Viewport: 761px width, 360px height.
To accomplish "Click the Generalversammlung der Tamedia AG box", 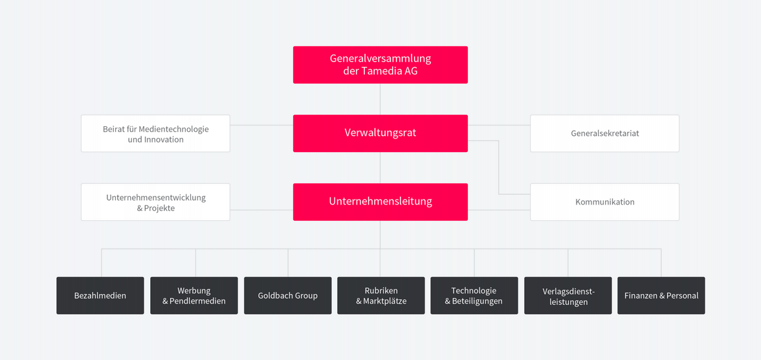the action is [x=380, y=65].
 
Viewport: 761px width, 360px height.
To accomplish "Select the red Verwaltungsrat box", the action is [x=380, y=133].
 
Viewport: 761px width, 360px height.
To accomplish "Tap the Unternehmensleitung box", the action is [x=380, y=201].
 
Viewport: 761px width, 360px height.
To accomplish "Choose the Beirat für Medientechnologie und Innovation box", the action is [x=155, y=133].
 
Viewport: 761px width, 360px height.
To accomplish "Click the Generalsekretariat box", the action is [x=604, y=133].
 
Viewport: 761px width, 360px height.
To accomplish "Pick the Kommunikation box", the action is [x=604, y=201].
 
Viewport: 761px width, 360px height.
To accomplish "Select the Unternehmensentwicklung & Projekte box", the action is [x=155, y=201].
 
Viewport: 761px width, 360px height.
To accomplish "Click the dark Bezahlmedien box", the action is [x=100, y=295].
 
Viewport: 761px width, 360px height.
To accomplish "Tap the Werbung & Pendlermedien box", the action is [x=194, y=295].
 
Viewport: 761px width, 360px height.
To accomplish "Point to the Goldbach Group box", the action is [x=288, y=295].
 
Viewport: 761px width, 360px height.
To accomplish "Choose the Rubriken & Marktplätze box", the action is [x=381, y=295].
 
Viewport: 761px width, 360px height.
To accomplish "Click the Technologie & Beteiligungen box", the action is [x=474, y=295].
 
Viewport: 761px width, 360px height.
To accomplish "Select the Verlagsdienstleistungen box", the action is [x=568, y=295].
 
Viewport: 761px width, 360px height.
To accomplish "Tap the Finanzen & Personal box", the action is [x=661, y=295].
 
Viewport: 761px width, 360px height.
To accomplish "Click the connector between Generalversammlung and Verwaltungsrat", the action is [x=380, y=99].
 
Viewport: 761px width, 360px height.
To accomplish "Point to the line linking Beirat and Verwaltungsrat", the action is [x=261, y=126].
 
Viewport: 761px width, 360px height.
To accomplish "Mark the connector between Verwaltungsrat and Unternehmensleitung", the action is [x=380, y=168].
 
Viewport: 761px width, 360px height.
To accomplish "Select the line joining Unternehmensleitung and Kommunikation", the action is [x=499, y=210].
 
